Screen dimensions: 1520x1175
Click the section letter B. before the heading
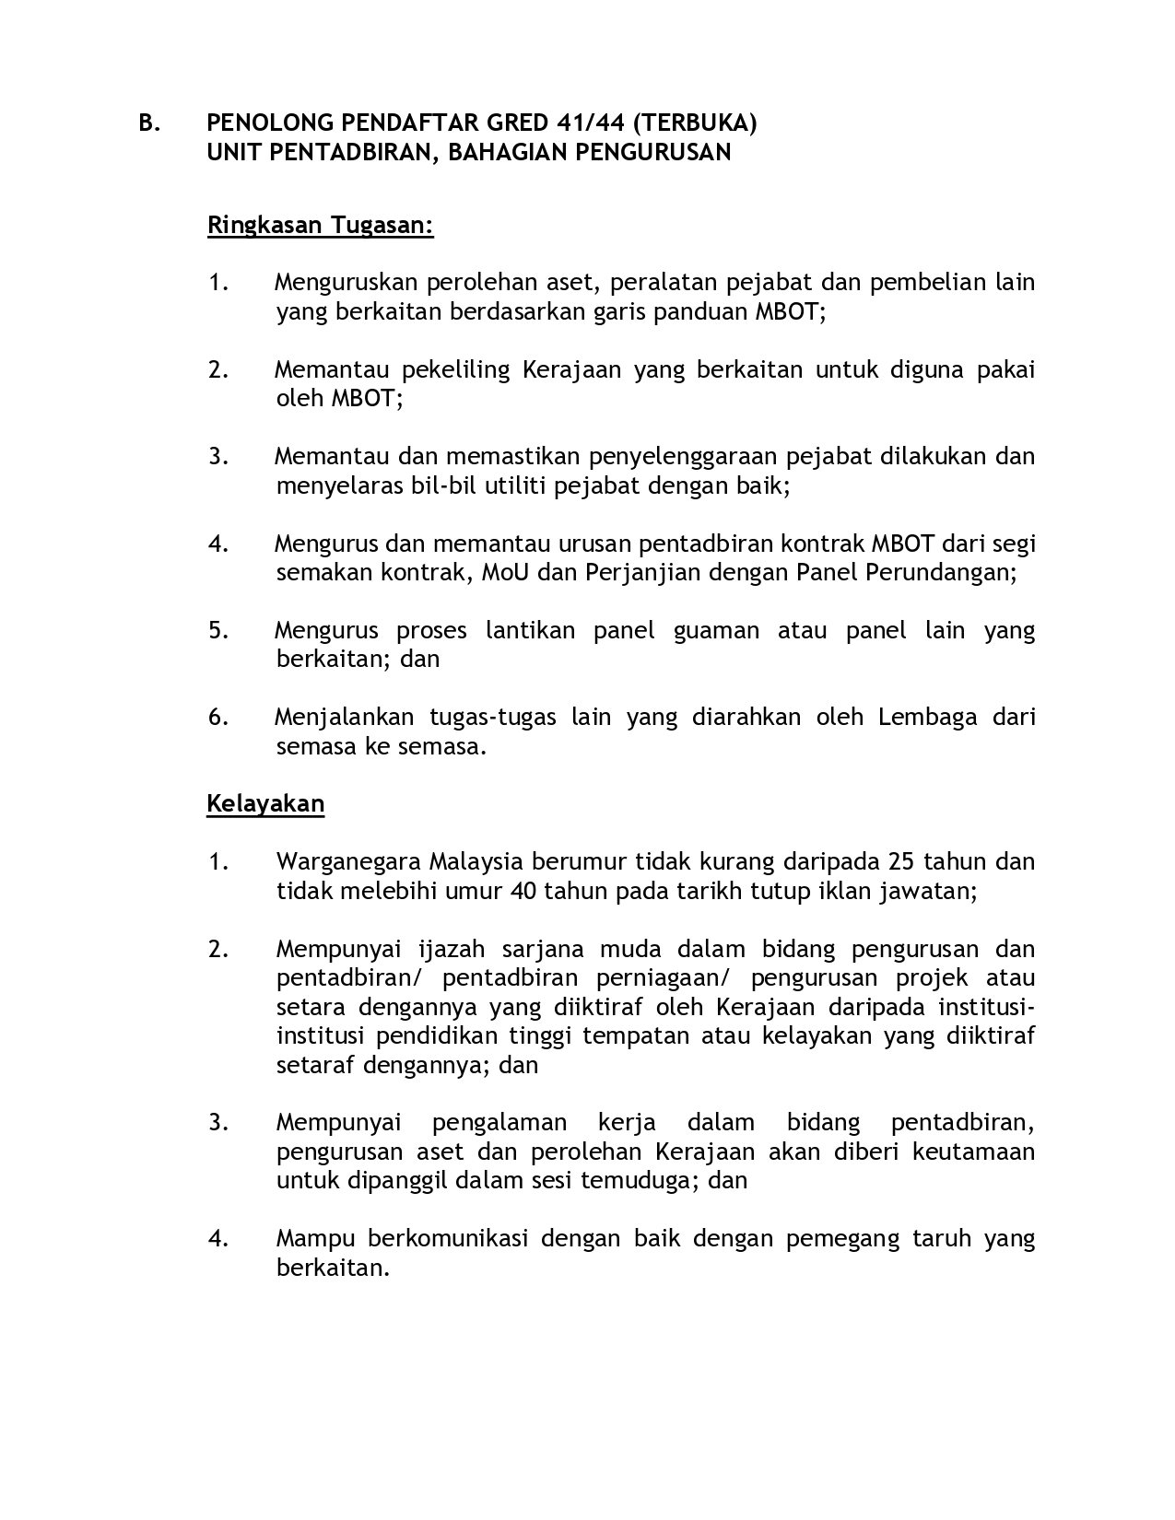coord(149,123)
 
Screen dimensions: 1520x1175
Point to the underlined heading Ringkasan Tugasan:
coord(320,225)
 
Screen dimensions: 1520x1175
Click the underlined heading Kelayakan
coord(265,803)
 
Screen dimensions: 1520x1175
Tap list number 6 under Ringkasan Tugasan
coord(217,717)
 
